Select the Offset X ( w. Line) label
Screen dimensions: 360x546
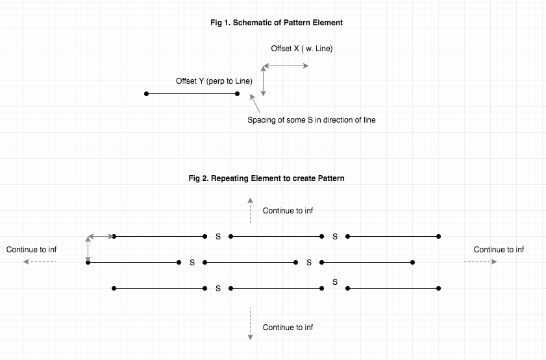pyautogui.click(x=301, y=49)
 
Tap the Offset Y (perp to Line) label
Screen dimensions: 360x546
pyautogui.click(x=214, y=81)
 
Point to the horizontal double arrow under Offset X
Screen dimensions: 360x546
pyautogui.click(x=285, y=66)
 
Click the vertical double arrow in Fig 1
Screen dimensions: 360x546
pyautogui.click(x=263, y=80)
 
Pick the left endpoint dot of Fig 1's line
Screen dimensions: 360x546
pyautogui.click(x=147, y=94)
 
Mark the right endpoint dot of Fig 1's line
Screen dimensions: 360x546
pyautogui.click(x=238, y=94)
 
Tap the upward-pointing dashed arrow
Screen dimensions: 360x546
pyautogui.click(x=250, y=210)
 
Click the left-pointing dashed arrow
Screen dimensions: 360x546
pyautogui.click(x=40, y=262)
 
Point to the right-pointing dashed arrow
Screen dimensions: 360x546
pyautogui.click(x=480, y=262)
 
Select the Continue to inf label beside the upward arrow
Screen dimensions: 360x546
pyautogui.click(x=288, y=211)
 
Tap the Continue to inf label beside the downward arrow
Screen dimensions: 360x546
pyautogui.click(x=288, y=328)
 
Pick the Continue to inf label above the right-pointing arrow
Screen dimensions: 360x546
pyautogui.click(x=499, y=250)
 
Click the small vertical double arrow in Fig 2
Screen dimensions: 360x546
pyautogui.click(x=88, y=249)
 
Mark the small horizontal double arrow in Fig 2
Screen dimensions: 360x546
pyautogui.click(x=101, y=236)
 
